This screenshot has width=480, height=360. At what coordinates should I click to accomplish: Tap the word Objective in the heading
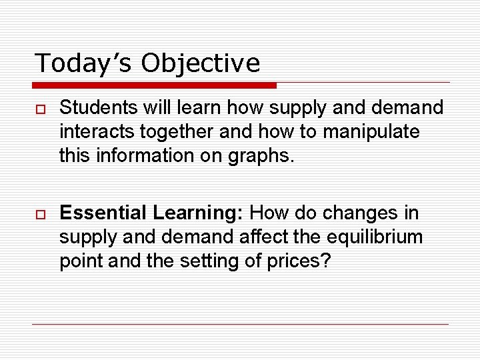coord(201,63)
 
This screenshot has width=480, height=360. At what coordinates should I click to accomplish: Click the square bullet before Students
coord(40,108)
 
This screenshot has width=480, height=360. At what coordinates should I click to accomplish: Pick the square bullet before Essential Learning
coord(40,214)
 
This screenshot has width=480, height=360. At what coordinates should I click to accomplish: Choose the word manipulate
coord(371,131)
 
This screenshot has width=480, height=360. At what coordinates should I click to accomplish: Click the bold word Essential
coord(103,213)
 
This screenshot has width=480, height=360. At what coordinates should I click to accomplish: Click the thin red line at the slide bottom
coord(240,324)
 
